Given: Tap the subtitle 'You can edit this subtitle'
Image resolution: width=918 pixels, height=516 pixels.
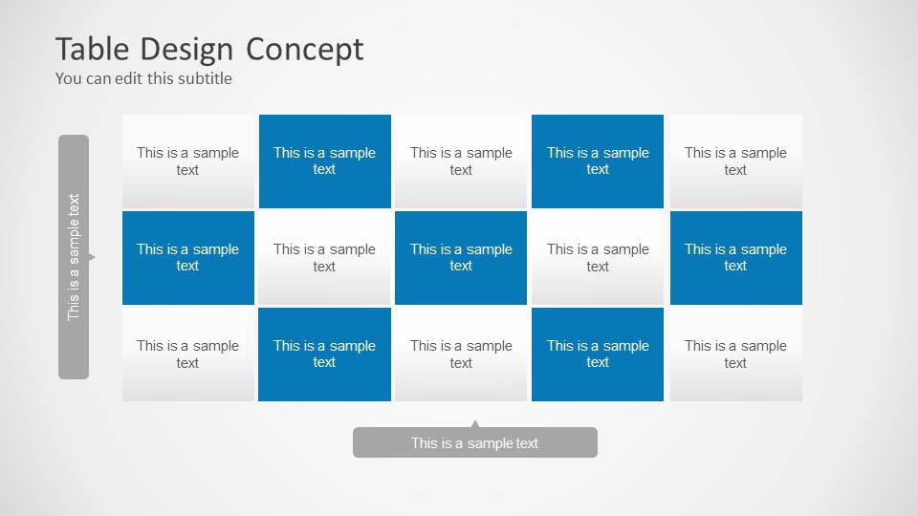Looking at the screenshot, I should [143, 78].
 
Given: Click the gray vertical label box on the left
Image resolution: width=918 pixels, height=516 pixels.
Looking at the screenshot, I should [74, 256].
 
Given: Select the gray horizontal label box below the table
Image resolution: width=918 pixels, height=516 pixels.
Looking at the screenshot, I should [474, 442].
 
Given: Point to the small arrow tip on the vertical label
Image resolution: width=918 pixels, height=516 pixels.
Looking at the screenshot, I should [92, 257].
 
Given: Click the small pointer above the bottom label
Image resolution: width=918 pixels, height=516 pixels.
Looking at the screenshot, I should [475, 423].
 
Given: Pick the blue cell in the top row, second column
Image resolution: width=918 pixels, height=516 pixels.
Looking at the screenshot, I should [324, 161].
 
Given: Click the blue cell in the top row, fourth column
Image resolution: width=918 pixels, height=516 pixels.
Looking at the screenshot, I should [598, 161].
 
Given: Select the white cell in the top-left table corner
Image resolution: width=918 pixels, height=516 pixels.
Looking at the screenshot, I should [188, 161].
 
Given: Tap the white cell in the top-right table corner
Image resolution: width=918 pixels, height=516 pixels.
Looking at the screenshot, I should [735, 161].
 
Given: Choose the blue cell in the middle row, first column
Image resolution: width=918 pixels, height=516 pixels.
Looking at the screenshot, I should [188, 257].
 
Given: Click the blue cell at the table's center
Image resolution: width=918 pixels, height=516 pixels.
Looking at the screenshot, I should [461, 257].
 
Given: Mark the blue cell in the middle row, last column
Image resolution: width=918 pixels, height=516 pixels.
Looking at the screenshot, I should [735, 257].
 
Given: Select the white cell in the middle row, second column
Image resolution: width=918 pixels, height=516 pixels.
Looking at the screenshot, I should [324, 257].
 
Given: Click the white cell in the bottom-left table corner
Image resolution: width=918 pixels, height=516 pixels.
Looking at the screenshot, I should [188, 354].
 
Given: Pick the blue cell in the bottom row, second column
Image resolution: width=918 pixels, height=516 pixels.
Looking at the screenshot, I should [324, 354].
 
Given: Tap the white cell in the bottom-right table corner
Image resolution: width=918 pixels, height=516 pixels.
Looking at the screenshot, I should [735, 354].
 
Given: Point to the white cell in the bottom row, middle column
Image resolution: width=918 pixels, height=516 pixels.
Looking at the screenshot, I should [461, 354].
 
